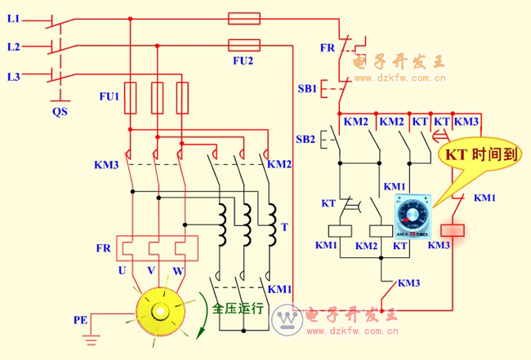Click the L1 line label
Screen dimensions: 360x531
tap(14, 18)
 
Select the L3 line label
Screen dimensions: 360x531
tap(14, 77)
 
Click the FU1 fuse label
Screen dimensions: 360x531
tap(109, 97)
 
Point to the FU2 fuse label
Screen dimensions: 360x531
tap(243, 61)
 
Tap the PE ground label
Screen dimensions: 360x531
tap(81, 320)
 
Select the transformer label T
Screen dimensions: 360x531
tap(283, 227)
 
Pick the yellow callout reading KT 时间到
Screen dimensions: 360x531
tap(480, 155)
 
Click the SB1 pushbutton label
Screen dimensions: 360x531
tap(306, 88)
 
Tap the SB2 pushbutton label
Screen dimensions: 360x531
tap(306, 139)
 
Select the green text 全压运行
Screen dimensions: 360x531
tap(238, 309)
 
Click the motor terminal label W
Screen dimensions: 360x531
tap(177, 270)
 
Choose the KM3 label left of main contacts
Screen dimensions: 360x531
tap(106, 166)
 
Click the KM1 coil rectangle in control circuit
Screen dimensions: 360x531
tap(339, 230)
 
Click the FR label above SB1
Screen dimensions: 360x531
tap(328, 48)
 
